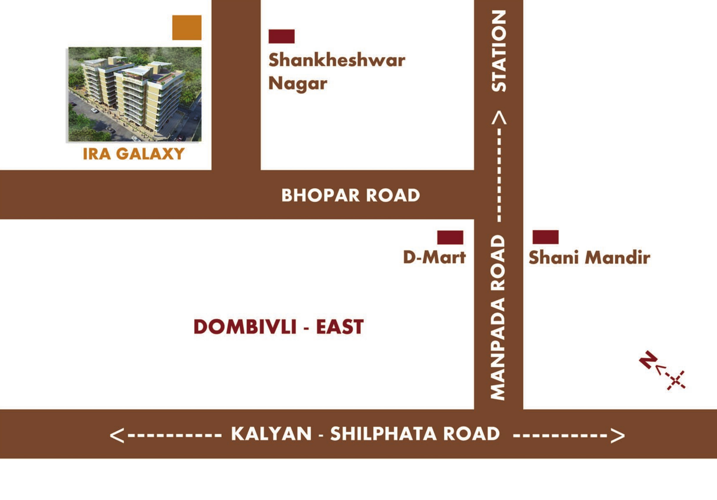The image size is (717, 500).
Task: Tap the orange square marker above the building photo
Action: [187, 27]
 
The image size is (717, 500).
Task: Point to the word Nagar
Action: [298, 84]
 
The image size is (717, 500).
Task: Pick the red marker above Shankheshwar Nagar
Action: [281, 36]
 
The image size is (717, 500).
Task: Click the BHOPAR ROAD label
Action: [350, 195]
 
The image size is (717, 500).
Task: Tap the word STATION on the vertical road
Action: [499, 51]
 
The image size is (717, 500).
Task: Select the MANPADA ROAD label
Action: [498, 317]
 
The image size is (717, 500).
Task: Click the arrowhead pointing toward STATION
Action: [499, 118]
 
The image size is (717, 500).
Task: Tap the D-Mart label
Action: [434, 257]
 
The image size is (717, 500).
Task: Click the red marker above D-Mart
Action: [450, 237]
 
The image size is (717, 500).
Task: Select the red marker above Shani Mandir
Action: [545, 237]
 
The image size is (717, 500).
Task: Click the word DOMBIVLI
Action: [245, 327]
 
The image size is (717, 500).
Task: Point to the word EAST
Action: [340, 327]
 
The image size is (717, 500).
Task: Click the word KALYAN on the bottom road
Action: [271, 434]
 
